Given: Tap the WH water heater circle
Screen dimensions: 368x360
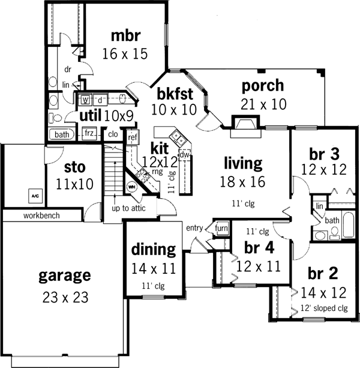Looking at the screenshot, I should [132, 187].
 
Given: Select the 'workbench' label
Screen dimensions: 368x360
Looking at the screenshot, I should [41, 215].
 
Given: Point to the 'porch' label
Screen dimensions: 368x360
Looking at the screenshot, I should [262, 85].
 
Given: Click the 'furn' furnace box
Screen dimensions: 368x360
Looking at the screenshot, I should [221, 228].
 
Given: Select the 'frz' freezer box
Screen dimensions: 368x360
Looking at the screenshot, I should [90, 133].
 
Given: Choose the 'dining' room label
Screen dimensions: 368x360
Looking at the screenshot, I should [153, 249].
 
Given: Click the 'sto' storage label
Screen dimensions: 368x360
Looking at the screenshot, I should [74, 166].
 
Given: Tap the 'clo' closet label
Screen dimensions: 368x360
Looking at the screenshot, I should [112, 134].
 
